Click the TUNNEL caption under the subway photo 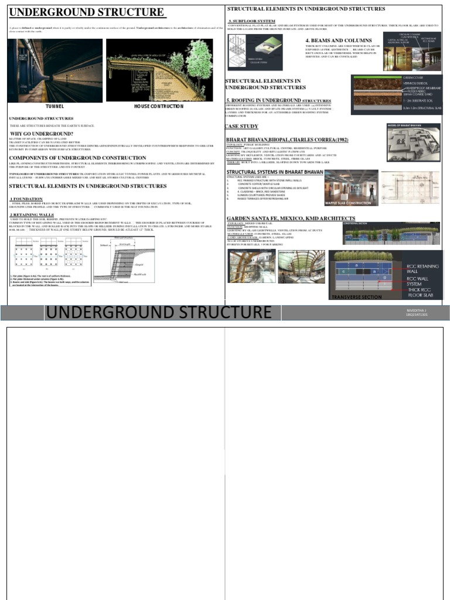coord(54,107)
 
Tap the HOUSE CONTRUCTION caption coord(159,107)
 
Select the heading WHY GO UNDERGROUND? coord(42,134)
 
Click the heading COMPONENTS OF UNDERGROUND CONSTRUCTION coord(77,158)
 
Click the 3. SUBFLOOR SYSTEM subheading coord(251,21)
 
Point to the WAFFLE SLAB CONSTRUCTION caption coord(350,203)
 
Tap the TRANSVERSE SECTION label coord(357,297)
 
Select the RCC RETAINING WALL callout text coord(421,269)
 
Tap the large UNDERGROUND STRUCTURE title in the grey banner coord(159,312)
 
